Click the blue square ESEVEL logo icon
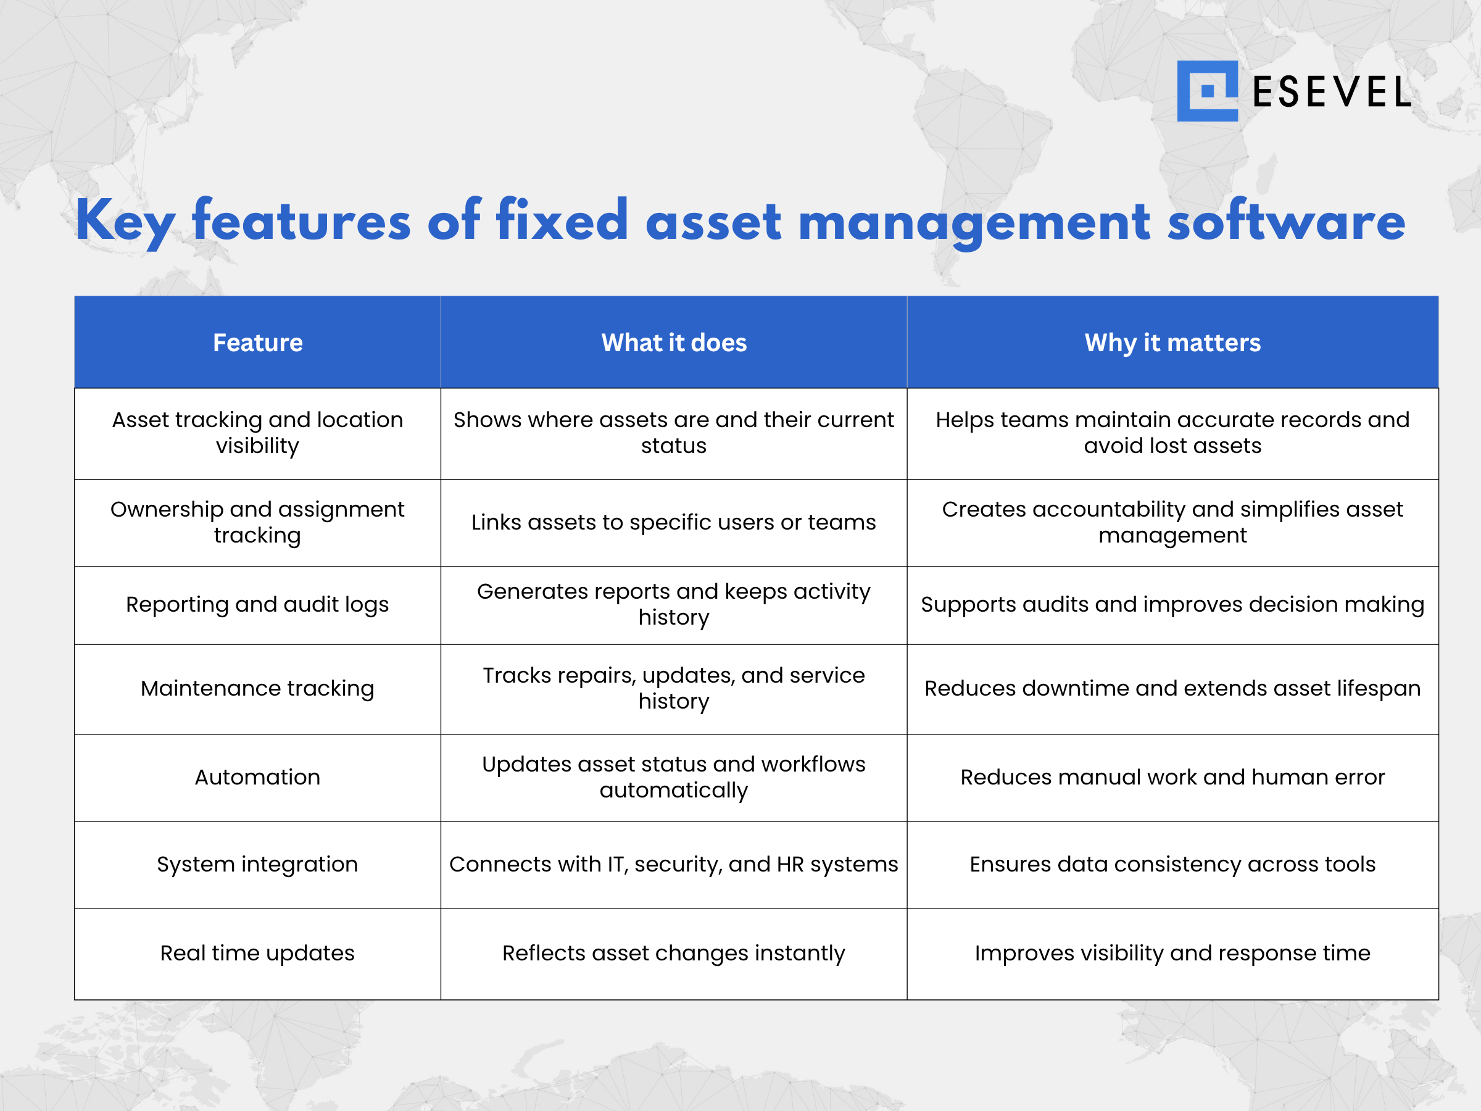click(1207, 91)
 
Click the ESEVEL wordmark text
click(1331, 93)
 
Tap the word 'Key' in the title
click(125, 222)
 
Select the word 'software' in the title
click(1286, 222)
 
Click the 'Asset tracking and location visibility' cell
click(258, 433)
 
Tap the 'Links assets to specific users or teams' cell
click(674, 522)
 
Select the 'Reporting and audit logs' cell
click(258, 605)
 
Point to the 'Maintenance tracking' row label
click(258, 688)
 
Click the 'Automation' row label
click(258, 778)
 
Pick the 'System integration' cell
click(258, 865)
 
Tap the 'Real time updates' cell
click(258, 953)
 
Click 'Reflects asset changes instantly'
click(674, 953)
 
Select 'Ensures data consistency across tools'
click(1172, 865)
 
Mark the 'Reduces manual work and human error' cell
click(1172, 778)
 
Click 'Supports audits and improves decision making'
click(1172, 605)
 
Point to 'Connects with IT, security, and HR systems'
click(674, 865)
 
